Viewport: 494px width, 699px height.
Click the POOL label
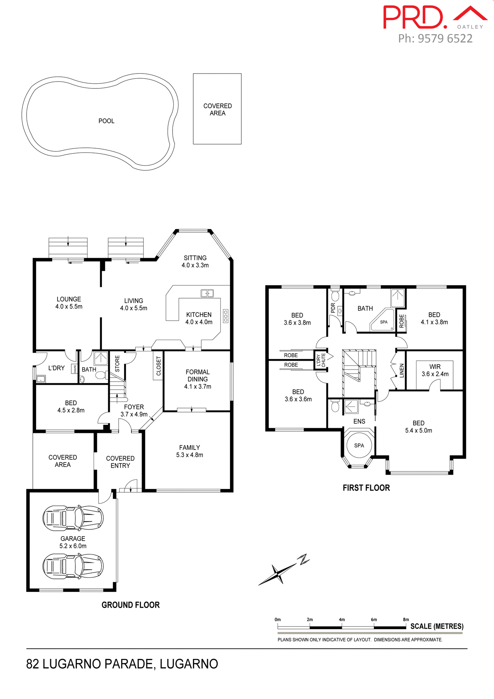(x=106, y=121)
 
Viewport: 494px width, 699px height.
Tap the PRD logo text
(x=414, y=17)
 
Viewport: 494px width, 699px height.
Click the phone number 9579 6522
(x=445, y=39)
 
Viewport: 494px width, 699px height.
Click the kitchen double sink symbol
(x=207, y=293)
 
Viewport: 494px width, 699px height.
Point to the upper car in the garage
(x=73, y=517)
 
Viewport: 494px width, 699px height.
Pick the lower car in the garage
(x=73, y=566)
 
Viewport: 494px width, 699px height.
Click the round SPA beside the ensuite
(x=359, y=446)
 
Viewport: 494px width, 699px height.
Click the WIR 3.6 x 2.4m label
(x=435, y=370)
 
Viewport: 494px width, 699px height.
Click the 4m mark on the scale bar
(x=342, y=620)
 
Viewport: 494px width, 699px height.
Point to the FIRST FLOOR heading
(x=366, y=488)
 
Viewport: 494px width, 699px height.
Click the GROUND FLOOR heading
(x=130, y=605)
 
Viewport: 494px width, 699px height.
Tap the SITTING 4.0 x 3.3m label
(x=195, y=261)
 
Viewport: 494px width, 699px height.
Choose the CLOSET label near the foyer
(x=158, y=366)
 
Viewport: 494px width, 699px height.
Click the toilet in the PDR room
(x=335, y=296)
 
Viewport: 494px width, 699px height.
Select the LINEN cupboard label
(x=402, y=371)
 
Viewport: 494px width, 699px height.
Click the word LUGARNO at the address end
(x=189, y=664)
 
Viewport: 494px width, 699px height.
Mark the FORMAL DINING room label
(x=198, y=379)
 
